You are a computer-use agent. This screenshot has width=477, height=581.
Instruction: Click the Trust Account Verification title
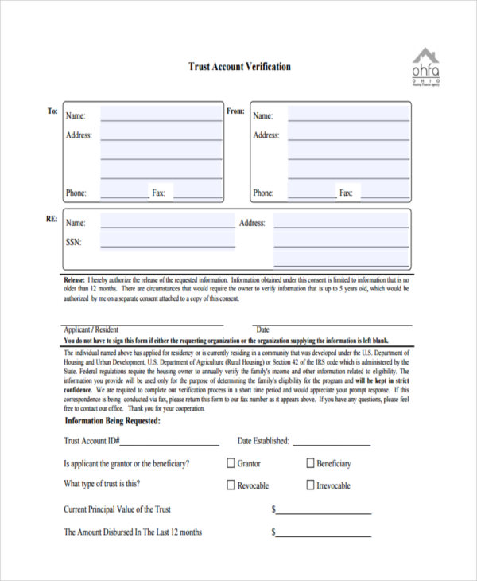(239, 67)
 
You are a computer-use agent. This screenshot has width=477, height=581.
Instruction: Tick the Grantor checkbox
(231, 463)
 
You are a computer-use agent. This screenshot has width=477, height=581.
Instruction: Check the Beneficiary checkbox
(310, 463)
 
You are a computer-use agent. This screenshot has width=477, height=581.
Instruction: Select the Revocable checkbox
(231, 485)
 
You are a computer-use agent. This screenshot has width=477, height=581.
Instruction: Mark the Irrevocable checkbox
(310, 485)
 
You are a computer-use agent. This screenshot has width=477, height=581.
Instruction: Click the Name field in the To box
(160, 115)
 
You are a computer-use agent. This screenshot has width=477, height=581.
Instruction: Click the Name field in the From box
(348, 115)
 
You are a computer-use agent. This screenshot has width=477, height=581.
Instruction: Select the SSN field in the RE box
(167, 241)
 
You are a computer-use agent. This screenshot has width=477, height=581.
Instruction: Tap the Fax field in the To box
(197, 193)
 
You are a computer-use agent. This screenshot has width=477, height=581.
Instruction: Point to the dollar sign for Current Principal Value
(273, 509)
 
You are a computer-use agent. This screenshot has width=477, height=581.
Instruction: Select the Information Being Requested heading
(112, 420)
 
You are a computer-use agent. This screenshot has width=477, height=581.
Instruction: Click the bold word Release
(75, 280)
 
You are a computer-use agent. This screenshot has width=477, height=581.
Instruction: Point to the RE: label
(52, 218)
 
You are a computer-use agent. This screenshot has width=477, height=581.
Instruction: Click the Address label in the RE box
(252, 223)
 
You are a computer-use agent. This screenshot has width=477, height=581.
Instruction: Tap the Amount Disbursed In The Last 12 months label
(133, 532)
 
